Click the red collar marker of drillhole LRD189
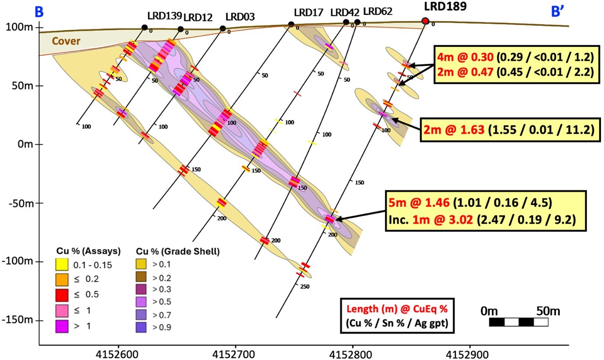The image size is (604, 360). [x=425, y=21]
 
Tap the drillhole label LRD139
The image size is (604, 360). [x=164, y=16]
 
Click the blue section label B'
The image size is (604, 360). [x=557, y=12]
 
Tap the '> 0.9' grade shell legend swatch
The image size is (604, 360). [x=140, y=327]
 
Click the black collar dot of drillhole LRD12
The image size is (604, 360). [x=181, y=29]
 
